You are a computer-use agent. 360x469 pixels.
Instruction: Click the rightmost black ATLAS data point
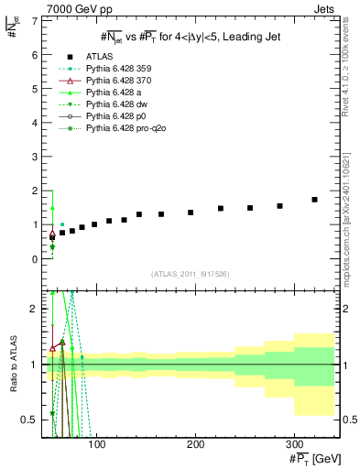click(x=314, y=200)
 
